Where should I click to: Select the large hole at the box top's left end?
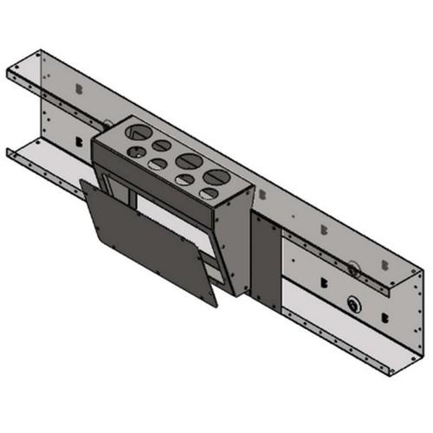[138, 132]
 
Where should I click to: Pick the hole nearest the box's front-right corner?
[207, 193]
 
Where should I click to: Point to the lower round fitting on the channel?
[352, 304]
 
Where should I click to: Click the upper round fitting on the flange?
[353, 269]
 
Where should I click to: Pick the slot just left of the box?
[80, 139]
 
